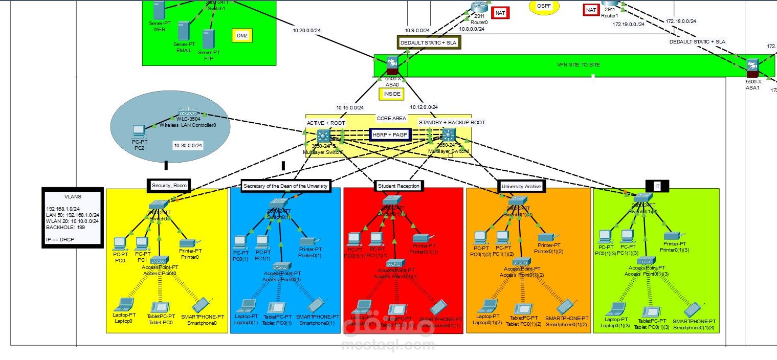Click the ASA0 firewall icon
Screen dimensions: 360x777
pos(393,65)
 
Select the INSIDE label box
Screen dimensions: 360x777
pos(391,94)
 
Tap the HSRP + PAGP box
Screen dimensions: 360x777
pos(390,134)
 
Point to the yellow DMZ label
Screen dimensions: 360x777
pos(242,35)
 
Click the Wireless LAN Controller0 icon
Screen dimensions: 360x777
pos(188,112)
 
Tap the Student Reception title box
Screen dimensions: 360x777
pos(398,186)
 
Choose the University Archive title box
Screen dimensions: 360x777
pos(521,186)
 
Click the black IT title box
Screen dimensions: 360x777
pos(657,187)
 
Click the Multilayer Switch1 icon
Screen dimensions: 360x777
pos(449,135)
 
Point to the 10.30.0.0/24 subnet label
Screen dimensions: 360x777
pos(188,146)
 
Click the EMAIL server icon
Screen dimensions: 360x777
pos(184,31)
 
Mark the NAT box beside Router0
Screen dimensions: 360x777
pos(500,13)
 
